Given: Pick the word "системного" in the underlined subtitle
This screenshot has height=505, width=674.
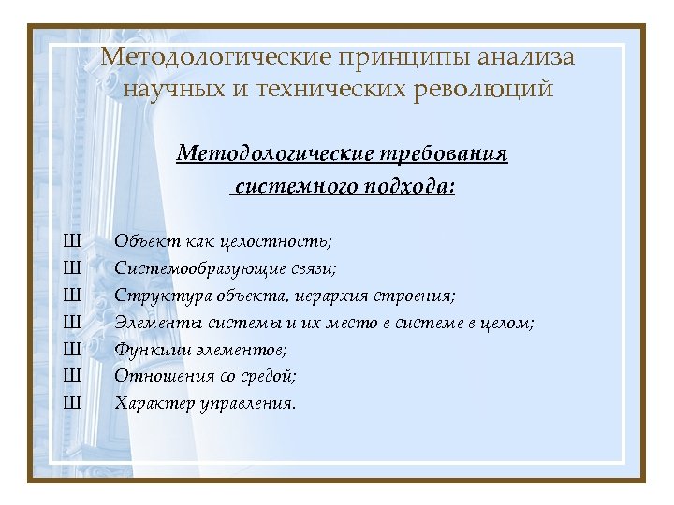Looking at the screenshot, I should click(x=290, y=187).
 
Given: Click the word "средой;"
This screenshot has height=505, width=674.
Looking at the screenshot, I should click(x=267, y=377).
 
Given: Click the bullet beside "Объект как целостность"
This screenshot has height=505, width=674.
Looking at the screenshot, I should click(x=72, y=241).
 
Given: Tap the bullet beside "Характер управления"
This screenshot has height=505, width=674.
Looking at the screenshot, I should click(x=72, y=404).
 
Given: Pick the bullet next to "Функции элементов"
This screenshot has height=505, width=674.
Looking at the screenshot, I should click(x=72, y=350).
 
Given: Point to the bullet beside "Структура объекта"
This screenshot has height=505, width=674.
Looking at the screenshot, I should click(x=72, y=296).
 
